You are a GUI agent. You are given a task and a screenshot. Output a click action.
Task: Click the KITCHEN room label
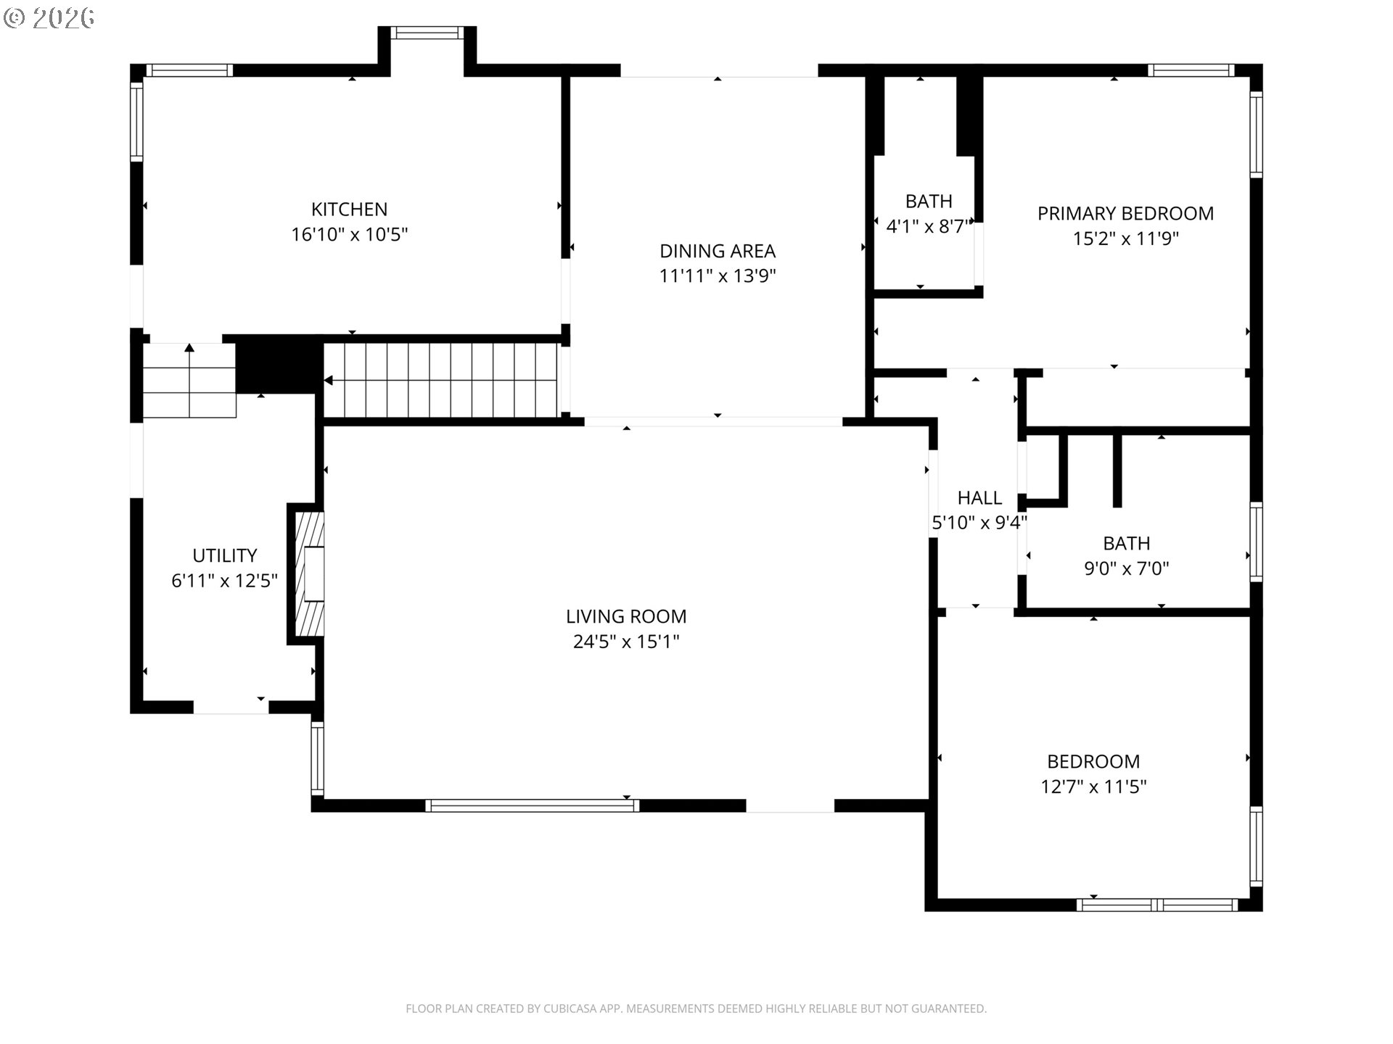(x=349, y=210)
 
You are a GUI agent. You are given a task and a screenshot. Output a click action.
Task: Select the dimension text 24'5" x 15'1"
(x=626, y=642)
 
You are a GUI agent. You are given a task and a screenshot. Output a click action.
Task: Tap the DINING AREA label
(x=717, y=251)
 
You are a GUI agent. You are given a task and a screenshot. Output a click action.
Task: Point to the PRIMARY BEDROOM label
(x=1125, y=213)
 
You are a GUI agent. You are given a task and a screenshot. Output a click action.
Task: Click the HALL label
(x=979, y=498)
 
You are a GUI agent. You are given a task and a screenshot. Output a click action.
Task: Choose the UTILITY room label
(x=224, y=555)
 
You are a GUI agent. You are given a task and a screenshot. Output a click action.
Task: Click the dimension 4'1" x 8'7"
(x=928, y=227)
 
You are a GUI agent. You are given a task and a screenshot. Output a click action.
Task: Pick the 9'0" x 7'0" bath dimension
(x=1126, y=568)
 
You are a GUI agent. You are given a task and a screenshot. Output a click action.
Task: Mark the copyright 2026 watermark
(x=49, y=17)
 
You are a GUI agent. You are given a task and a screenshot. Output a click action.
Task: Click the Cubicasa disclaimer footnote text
(x=696, y=1008)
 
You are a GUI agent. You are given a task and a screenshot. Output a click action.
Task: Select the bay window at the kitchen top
(x=427, y=33)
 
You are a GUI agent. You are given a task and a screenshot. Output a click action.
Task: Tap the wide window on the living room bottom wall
(x=532, y=805)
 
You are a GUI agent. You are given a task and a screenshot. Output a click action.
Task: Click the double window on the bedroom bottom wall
(x=1157, y=905)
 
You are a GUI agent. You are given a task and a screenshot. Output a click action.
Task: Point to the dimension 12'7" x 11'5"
(x=1093, y=787)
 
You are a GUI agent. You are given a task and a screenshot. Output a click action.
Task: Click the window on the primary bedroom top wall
(x=1190, y=70)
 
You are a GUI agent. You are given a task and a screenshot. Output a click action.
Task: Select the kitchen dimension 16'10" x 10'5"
(x=349, y=235)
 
